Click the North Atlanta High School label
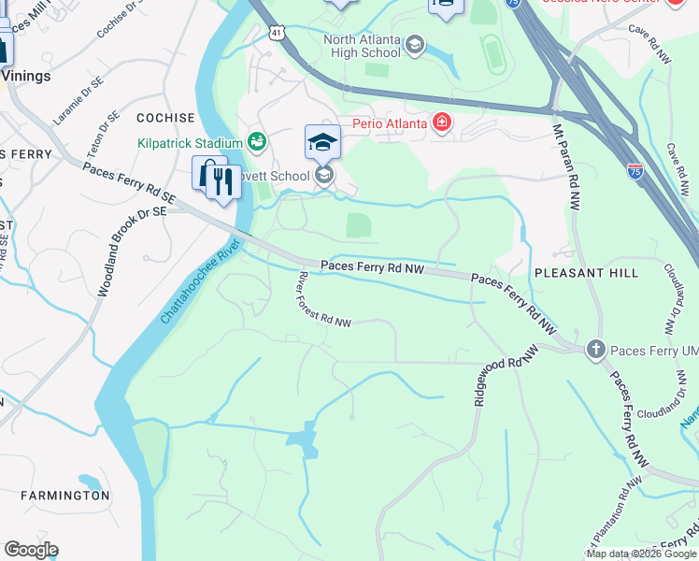pos(362,46)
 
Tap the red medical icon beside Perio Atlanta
pos(440,122)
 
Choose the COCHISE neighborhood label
pos(165,118)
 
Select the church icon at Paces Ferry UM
pos(595,351)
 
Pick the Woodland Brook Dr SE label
pos(131,252)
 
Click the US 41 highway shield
pos(275,33)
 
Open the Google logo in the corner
pos(30,550)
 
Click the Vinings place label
pos(26,76)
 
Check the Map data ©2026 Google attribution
pos(641,554)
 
